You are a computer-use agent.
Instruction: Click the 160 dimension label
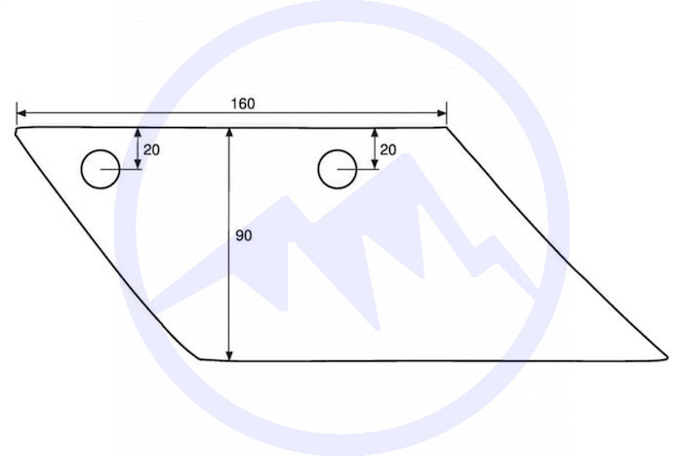pos(243,104)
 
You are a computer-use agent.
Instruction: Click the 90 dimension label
pos(244,235)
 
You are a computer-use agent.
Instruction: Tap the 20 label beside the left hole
pos(152,149)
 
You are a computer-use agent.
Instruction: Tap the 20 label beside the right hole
pos(388,149)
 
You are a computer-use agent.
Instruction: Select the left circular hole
pos(99,169)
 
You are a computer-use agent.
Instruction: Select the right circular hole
pos(336,169)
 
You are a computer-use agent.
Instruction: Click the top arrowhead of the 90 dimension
pos(229,132)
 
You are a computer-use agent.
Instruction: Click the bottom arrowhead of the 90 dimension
pos(229,354)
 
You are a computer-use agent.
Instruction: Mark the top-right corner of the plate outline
pos(446,127)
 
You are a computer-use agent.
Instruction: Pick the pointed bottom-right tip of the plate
pos(666,355)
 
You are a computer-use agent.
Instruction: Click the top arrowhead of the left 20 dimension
pos(138,132)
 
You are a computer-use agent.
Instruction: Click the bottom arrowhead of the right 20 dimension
pos(375,164)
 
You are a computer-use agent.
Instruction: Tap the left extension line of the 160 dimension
pos(17,112)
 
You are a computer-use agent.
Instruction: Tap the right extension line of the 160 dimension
pos(447,112)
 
